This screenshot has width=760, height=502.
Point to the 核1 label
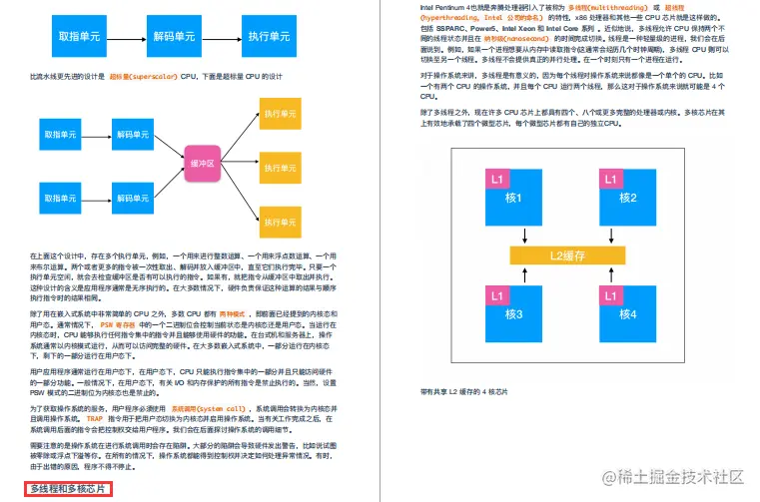(514, 198)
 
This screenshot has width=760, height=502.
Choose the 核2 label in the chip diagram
(626, 198)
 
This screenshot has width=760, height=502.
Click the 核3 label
(514, 314)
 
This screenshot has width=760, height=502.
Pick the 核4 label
(626, 314)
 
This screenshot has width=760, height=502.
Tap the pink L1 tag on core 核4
(609, 295)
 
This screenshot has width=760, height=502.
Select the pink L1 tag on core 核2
(609, 179)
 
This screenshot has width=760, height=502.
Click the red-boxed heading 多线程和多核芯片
(69, 489)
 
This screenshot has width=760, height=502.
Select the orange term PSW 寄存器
(120, 324)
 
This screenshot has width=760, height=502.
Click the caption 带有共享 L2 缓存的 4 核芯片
(464, 393)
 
